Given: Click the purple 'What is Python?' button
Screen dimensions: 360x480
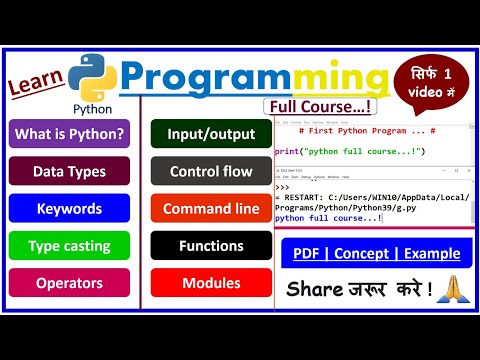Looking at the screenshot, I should (69, 134).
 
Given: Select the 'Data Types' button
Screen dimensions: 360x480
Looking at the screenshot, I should (69, 171).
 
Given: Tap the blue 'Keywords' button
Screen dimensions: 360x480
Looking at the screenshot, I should (69, 208).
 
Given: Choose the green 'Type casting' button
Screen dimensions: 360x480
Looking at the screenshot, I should (69, 245).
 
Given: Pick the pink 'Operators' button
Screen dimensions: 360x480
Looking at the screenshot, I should (69, 282).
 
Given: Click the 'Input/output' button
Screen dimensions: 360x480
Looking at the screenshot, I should (211, 134).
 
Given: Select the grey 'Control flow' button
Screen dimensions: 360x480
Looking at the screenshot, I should (211, 171).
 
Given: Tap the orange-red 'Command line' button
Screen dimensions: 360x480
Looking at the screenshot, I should (211, 208).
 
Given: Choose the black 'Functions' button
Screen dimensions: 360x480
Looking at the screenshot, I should (211, 245).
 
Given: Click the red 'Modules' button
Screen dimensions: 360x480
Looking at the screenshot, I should (211, 282).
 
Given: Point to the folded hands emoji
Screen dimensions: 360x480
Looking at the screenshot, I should (446, 292).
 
